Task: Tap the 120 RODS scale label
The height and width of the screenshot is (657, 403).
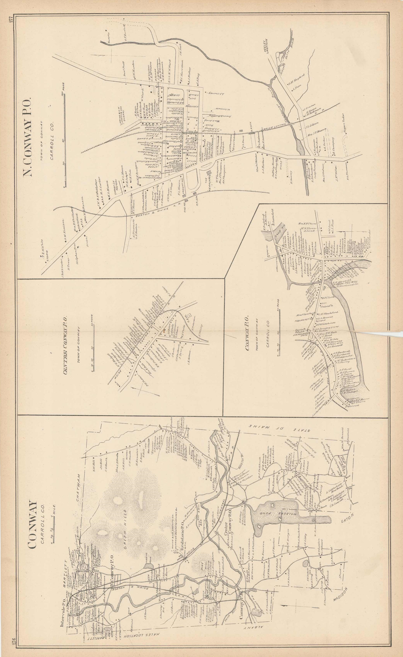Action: click(63, 90)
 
